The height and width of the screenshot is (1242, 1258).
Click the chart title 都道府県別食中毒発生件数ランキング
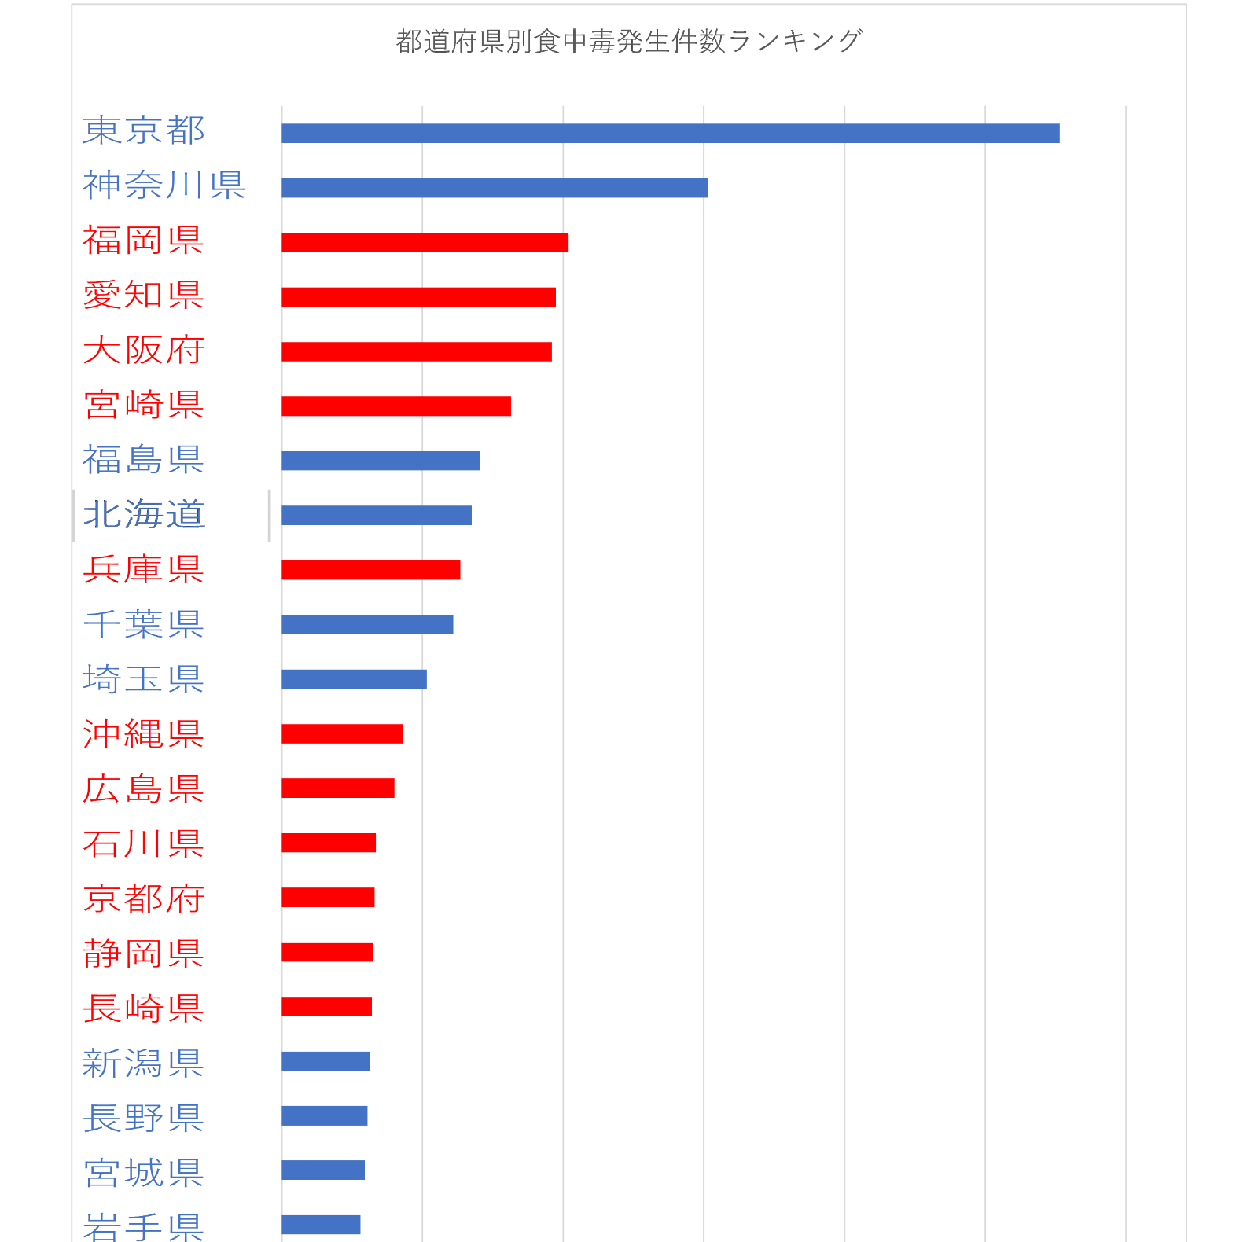click(x=629, y=41)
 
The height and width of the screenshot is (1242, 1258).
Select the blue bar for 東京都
click(x=670, y=134)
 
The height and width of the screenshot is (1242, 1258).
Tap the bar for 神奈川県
click(x=495, y=188)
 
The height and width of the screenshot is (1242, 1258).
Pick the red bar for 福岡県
click(x=425, y=243)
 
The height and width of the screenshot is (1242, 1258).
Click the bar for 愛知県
click(x=418, y=297)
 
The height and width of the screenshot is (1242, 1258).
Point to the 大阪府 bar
click(x=417, y=351)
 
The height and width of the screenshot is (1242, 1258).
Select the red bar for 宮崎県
click(x=396, y=406)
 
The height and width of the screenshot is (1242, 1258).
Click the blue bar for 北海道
click(x=377, y=516)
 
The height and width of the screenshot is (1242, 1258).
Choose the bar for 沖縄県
click(x=342, y=734)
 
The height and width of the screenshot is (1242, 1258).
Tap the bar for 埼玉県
click(x=354, y=679)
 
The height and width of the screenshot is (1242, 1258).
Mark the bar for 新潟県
click(x=326, y=1061)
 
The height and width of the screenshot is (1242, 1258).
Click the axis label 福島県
click(x=143, y=461)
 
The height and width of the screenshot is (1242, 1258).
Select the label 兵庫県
click(x=143, y=570)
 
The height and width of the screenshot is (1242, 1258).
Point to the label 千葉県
click(x=143, y=625)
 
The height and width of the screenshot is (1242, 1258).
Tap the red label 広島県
click(x=143, y=789)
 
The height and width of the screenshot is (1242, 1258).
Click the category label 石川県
click(x=143, y=844)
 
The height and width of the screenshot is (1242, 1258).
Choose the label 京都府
click(x=143, y=898)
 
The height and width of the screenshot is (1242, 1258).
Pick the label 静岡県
click(x=143, y=954)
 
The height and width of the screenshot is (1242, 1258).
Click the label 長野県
click(x=143, y=1118)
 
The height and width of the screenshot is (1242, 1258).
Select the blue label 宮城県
click(x=143, y=1173)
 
